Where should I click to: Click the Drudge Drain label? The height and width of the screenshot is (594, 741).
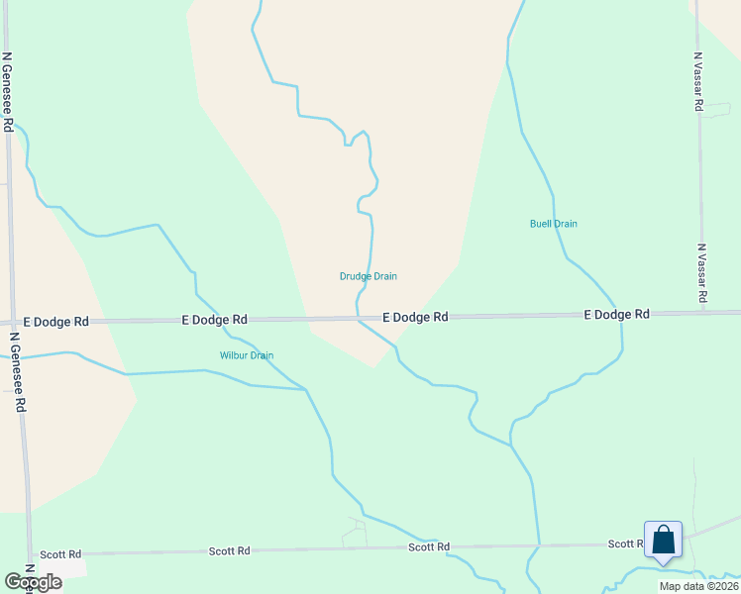coord(368,276)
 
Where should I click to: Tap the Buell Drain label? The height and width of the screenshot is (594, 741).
coord(553,224)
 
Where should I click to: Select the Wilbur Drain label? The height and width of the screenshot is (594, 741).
coord(246,355)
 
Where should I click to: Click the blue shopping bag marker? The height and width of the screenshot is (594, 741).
coord(663,541)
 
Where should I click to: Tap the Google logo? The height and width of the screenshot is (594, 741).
coord(33,582)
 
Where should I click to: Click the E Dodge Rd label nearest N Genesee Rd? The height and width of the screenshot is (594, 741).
coord(59,322)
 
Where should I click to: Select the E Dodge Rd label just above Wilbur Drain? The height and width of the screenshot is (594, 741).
coord(214,320)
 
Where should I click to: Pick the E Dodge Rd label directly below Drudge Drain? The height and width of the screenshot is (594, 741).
coord(416,317)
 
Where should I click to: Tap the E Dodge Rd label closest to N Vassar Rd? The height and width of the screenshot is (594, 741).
coord(616,314)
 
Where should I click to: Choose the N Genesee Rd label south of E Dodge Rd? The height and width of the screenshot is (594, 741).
coord(17,371)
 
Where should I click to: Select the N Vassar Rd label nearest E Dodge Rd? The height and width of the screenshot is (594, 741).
coord(701,273)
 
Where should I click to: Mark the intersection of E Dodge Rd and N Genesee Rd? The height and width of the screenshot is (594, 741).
coord(13,323)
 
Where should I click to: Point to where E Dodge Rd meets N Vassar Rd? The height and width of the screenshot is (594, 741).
coord(705,312)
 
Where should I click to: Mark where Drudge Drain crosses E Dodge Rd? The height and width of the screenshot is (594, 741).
coord(359,318)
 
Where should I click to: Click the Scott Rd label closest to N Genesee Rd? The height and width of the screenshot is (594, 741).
coord(61,554)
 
